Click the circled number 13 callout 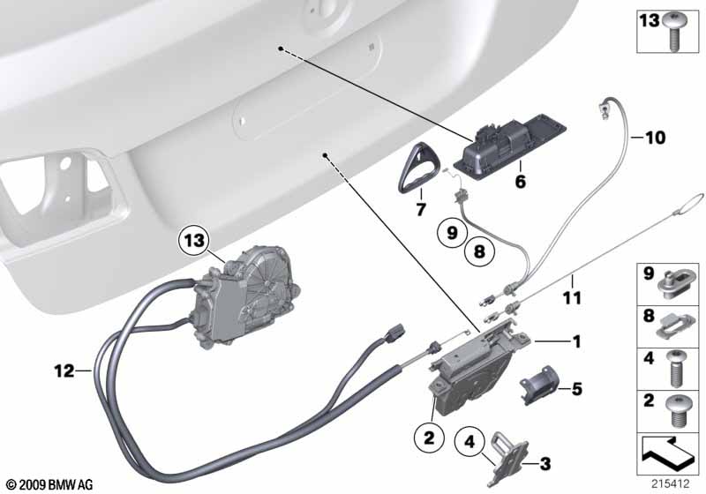point(194,241)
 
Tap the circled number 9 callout point(452,233)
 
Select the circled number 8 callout point(479,251)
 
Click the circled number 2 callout point(429,437)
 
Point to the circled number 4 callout point(469,442)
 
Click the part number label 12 point(64,371)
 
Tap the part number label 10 point(655,138)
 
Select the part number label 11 point(572,297)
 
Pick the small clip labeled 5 point(539,385)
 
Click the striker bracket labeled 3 point(508,458)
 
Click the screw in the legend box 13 point(674,32)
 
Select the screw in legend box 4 point(674,369)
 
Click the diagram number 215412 point(671,484)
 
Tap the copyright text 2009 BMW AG point(49,485)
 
